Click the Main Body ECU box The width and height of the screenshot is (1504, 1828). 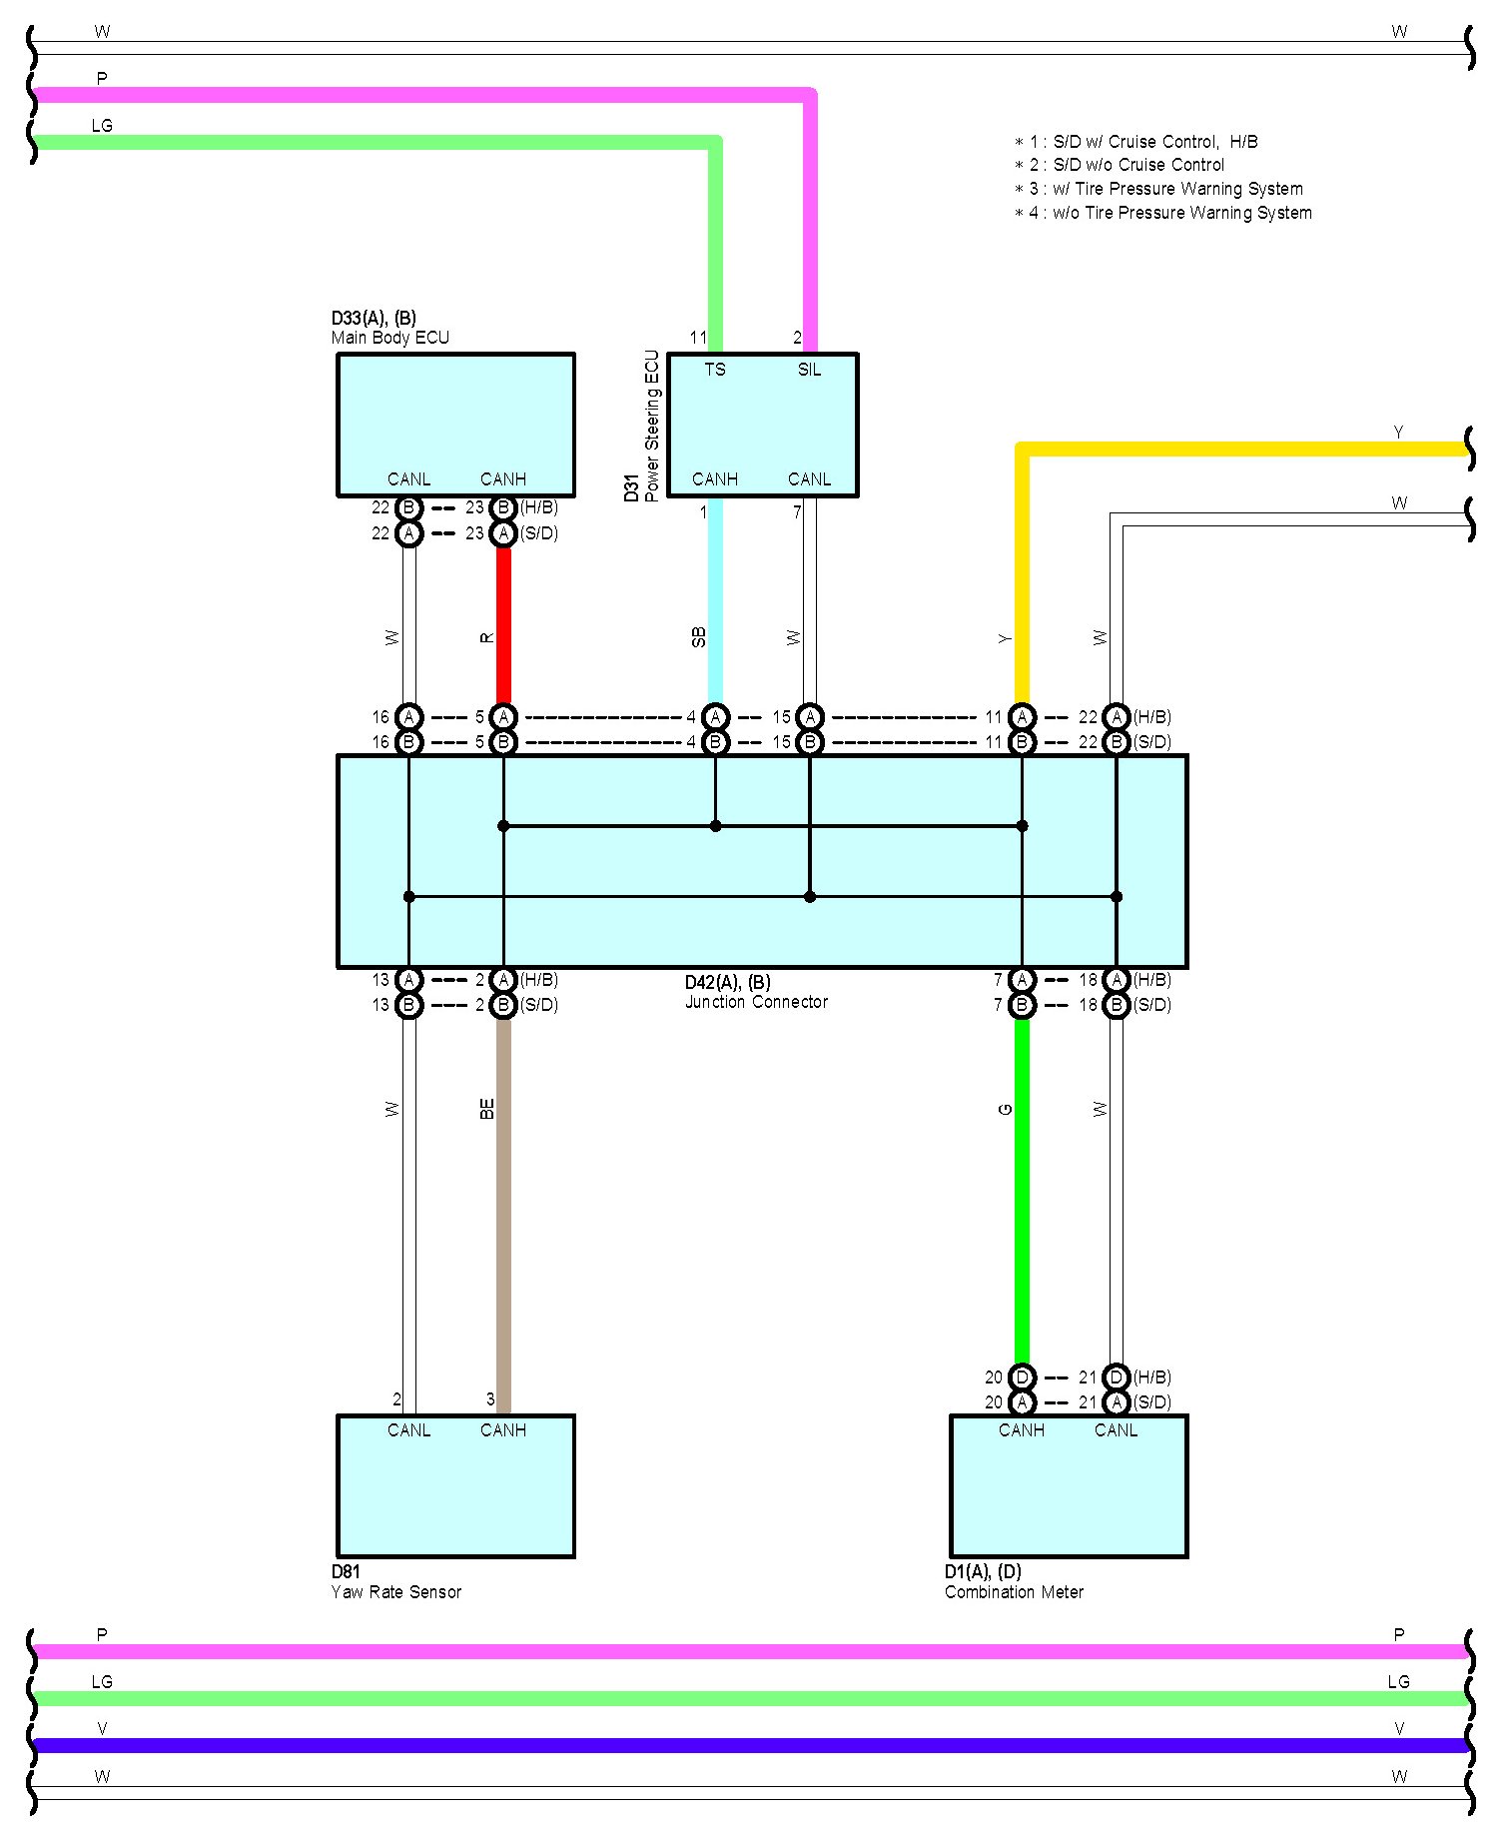pyautogui.click(x=455, y=420)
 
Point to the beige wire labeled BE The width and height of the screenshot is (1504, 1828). pyautogui.click(x=504, y=1199)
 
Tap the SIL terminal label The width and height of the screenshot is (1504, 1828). pyautogui.click(x=809, y=370)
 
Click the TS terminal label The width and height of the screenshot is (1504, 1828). pyautogui.click(x=715, y=370)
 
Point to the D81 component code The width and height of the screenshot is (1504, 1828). pyautogui.click(x=346, y=1571)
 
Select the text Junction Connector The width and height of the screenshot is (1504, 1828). pyautogui.click(x=756, y=1002)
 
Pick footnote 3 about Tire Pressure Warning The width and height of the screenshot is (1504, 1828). pyautogui.click(x=1158, y=189)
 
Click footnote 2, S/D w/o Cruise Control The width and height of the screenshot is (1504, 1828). pyautogui.click(x=1120, y=165)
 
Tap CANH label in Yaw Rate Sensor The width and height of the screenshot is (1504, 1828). pyautogui.click(x=503, y=1430)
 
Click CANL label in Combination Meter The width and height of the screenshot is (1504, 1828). pyautogui.click(x=1116, y=1430)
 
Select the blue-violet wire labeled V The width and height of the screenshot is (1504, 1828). pyautogui.click(x=749, y=1745)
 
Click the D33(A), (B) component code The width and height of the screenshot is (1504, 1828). pyautogui.click(x=374, y=319)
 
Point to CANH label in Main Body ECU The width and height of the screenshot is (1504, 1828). pyautogui.click(x=503, y=479)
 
